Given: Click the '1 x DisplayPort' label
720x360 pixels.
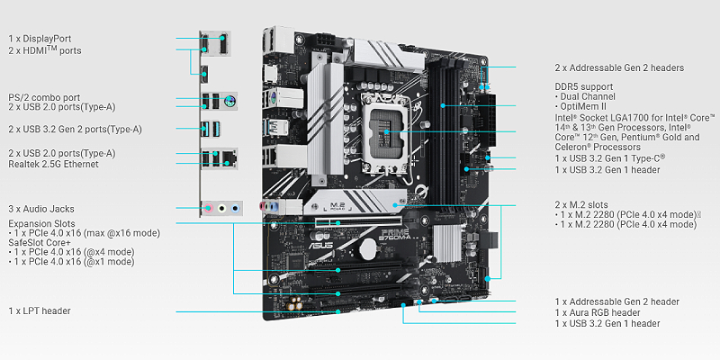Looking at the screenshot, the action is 40,39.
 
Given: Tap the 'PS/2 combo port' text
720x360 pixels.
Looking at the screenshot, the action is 44,97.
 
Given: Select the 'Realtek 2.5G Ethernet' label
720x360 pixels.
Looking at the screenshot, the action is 53,164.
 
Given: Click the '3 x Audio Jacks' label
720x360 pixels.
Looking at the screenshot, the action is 41,209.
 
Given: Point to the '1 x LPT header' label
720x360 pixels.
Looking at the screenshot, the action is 40,310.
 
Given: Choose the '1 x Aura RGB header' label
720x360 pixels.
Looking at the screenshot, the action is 598,312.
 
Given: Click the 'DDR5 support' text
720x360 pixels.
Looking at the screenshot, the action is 583,86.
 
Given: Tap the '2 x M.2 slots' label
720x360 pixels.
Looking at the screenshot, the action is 581,205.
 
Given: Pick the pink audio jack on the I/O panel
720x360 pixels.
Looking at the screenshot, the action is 210,209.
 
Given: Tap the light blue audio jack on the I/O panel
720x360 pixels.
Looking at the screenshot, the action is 236,209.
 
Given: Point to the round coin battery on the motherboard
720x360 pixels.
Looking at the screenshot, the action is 368,249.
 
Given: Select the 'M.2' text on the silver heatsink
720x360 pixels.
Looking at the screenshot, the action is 338,204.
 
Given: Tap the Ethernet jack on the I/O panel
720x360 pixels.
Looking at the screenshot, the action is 228,159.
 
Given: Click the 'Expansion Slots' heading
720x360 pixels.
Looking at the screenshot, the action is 41,223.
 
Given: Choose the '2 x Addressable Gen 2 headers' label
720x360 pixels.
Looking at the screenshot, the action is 619,68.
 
